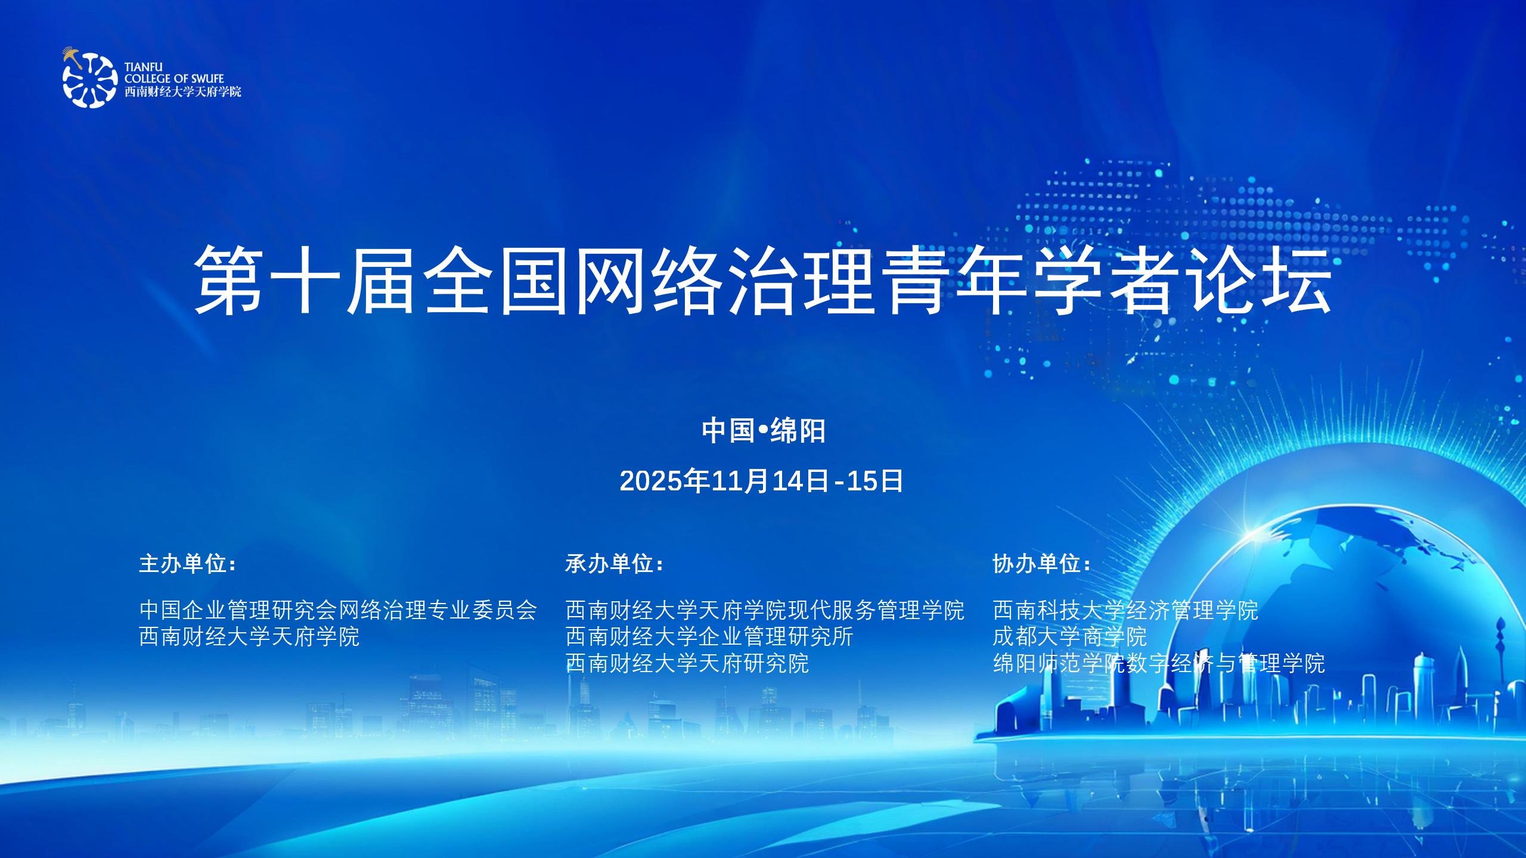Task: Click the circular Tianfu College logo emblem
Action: pyautogui.click(x=89, y=78)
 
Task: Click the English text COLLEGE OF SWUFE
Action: pyautogui.click(x=174, y=79)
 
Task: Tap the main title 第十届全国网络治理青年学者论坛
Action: pyautogui.click(x=763, y=279)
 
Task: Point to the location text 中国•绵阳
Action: pyautogui.click(x=764, y=430)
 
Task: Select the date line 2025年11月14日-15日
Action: pyautogui.click(x=762, y=481)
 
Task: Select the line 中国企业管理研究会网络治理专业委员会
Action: pyautogui.click(x=338, y=610)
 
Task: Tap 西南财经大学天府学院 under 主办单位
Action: pyautogui.click(x=249, y=636)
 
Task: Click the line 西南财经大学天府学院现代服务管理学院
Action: pyautogui.click(x=765, y=610)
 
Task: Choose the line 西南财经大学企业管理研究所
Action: pyautogui.click(x=709, y=636)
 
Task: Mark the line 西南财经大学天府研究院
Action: pyautogui.click(x=687, y=663)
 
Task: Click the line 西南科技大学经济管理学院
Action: pyautogui.click(x=1125, y=610)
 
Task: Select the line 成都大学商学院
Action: pyautogui.click(x=1070, y=636)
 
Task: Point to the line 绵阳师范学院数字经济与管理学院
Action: pyautogui.click(x=1159, y=663)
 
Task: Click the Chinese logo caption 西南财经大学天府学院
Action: pyautogui.click(x=183, y=92)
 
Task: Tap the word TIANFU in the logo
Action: pyautogui.click(x=143, y=67)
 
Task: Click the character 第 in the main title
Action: pyautogui.click(x=229, y=279)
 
